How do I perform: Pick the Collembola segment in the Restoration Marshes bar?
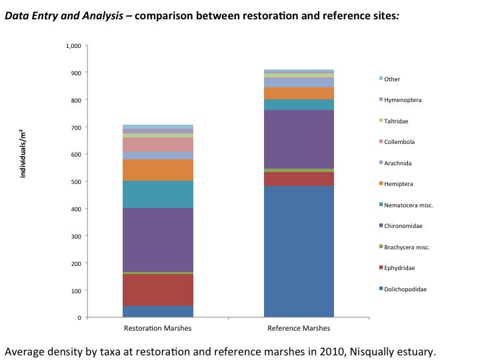(x=159, y=145)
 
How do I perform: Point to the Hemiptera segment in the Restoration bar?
(x=159, y=170)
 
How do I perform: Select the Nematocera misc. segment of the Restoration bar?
(x=159, y=194)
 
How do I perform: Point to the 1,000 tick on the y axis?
(x=73, y=45)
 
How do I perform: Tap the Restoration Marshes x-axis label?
(x=159, y=329)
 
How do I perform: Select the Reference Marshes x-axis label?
(x=299, y=329)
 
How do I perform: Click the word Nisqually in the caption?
(x=374, y=351)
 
